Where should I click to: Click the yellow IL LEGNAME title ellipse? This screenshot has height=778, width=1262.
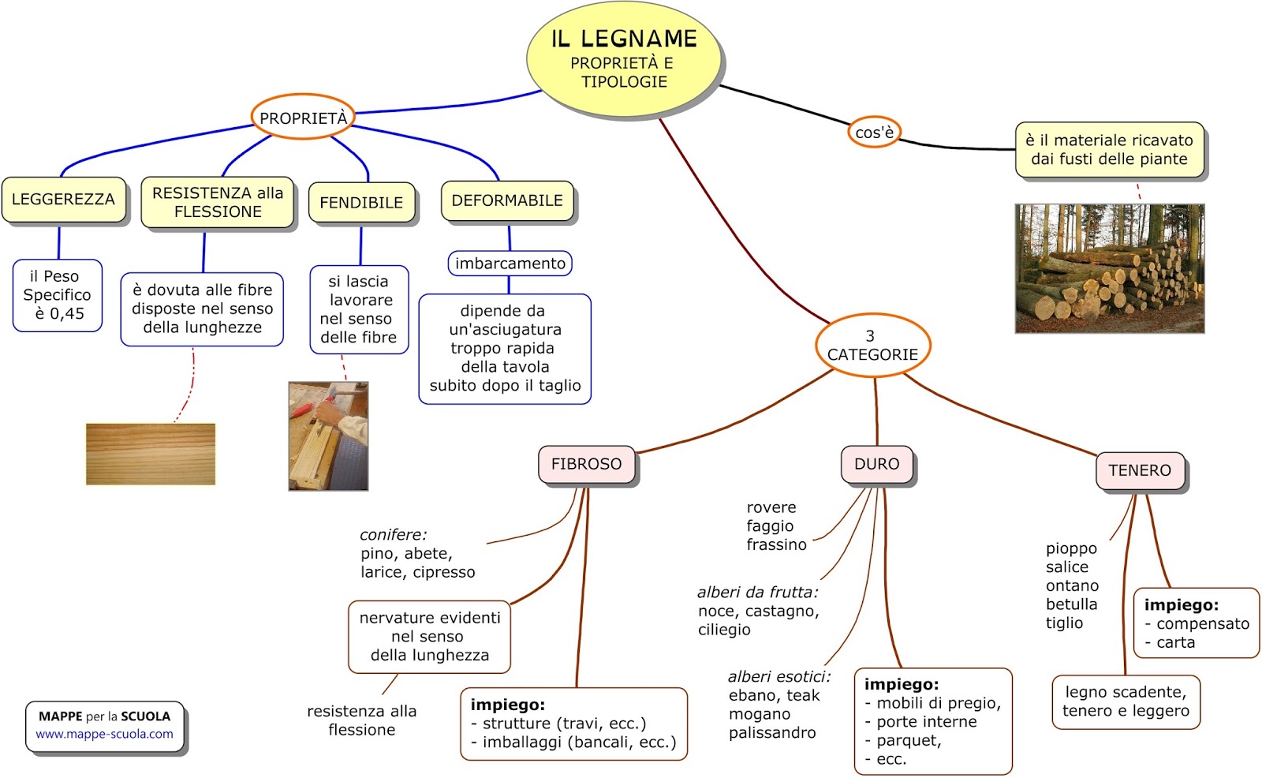click(x=623, y=59)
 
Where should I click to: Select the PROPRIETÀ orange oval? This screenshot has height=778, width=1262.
click(x=303, y=118)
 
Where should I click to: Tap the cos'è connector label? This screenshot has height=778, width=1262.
click(x=874, y=133)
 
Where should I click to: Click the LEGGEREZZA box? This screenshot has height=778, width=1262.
click(x=63, y=200)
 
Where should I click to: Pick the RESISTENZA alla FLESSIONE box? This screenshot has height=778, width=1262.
click(x=218, y=203)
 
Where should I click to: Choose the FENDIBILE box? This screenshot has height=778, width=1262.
click(x=361, y=203)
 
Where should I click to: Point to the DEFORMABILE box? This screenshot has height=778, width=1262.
click(x=507, y=201)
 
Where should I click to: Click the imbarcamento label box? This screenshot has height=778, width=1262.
click(x=510, y=264)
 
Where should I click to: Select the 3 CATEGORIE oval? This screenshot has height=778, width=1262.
click(x=872, y=346)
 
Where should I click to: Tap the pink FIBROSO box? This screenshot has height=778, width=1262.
click(x=586, y=464)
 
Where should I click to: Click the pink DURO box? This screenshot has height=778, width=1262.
click(x=876, y=464)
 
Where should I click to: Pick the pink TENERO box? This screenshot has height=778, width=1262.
click(x=1140, y=470)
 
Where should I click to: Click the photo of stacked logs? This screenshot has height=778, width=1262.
click(x=1109, y=268)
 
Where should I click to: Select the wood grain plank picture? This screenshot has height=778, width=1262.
click(x=150, y=454)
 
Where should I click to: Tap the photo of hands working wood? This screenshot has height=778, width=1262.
click(x=328, y=436)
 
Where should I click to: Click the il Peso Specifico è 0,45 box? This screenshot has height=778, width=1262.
click(x=57, y=295)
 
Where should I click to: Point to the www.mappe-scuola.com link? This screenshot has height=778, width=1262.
click(x=104, y=734)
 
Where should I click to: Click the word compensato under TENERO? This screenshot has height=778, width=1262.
click(x=1203, y=623)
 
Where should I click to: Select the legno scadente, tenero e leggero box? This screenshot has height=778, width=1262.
click(x=1126, y=701)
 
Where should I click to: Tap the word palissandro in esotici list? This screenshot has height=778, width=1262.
click(x=772, y=733)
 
